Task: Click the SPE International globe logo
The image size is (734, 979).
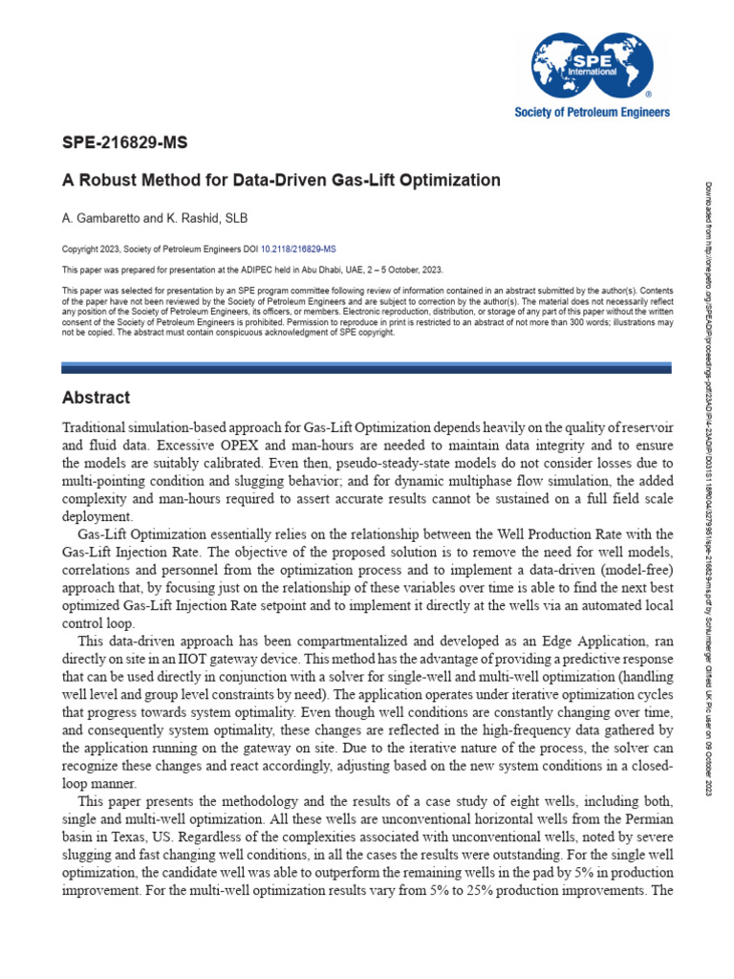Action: pyautogui.click(x=593, y=63)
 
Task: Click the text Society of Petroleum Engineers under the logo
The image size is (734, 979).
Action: pyautogui.click(x=592, y=112)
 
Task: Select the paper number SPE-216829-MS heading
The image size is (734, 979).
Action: pyautogui.click(x=124, y=143)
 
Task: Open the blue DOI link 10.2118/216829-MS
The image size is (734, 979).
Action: pyautogui.click(x=298, y=249)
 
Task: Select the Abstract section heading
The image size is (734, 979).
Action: pyautogui.click(x=96, y=398)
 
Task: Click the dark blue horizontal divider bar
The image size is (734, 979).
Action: pyautogui.click(x=367, y=368)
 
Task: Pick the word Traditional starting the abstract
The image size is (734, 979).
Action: pyautogui.click(x=95, y=426)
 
